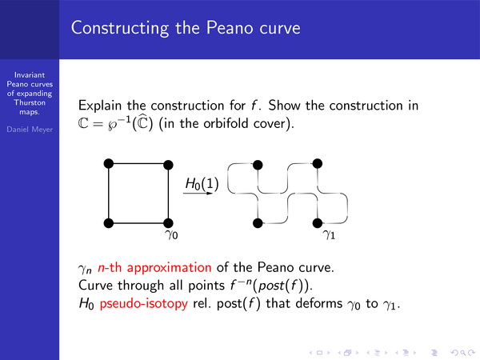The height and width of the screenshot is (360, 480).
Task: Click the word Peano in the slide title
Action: coord(230,28)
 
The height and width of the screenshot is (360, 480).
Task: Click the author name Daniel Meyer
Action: coord(30,130)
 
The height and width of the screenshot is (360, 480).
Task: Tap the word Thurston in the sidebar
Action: coord(30,102)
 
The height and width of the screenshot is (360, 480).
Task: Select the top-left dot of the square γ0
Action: coord(109,164)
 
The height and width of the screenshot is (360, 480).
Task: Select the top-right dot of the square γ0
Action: coord(168,165)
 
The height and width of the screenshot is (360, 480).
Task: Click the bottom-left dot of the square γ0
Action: coord(109,223)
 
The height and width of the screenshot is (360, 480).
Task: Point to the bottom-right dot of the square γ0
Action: coord(168,223)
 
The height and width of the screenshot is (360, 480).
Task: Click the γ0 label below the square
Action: coord(171,234)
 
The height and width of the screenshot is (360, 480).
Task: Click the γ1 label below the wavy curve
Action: coord(329,234)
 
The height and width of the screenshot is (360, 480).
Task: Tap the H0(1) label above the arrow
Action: coord(202,184)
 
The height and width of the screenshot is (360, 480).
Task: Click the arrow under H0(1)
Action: coord(198,194)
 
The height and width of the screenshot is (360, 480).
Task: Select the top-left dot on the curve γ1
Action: coord(258,165)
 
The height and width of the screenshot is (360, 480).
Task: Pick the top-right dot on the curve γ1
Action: coord(318,163)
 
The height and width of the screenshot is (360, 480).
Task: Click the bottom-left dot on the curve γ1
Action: coord(258,223)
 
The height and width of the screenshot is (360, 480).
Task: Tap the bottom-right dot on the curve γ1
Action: coord(318,223)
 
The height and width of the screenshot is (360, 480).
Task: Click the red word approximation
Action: coord(170,268)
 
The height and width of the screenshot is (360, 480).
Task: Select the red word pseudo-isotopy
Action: coord(143,304)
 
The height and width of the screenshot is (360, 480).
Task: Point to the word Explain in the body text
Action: coord(100,106)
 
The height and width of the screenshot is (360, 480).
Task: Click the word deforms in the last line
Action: coord(319,303)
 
